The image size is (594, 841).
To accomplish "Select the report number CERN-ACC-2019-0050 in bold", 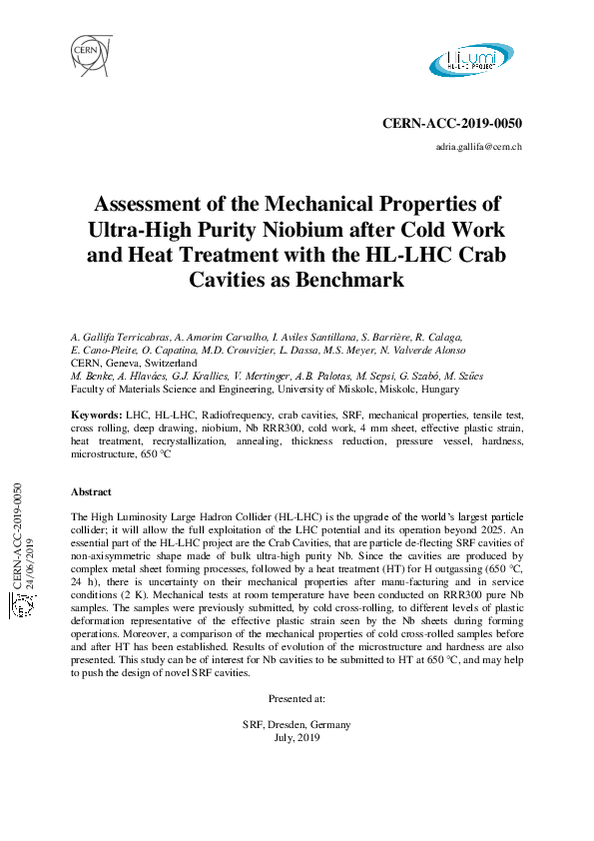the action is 452,124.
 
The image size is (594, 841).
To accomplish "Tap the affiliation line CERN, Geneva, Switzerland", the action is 134,363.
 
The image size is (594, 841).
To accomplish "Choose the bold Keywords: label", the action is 97,414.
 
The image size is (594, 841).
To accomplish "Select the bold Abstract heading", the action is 91,491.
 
